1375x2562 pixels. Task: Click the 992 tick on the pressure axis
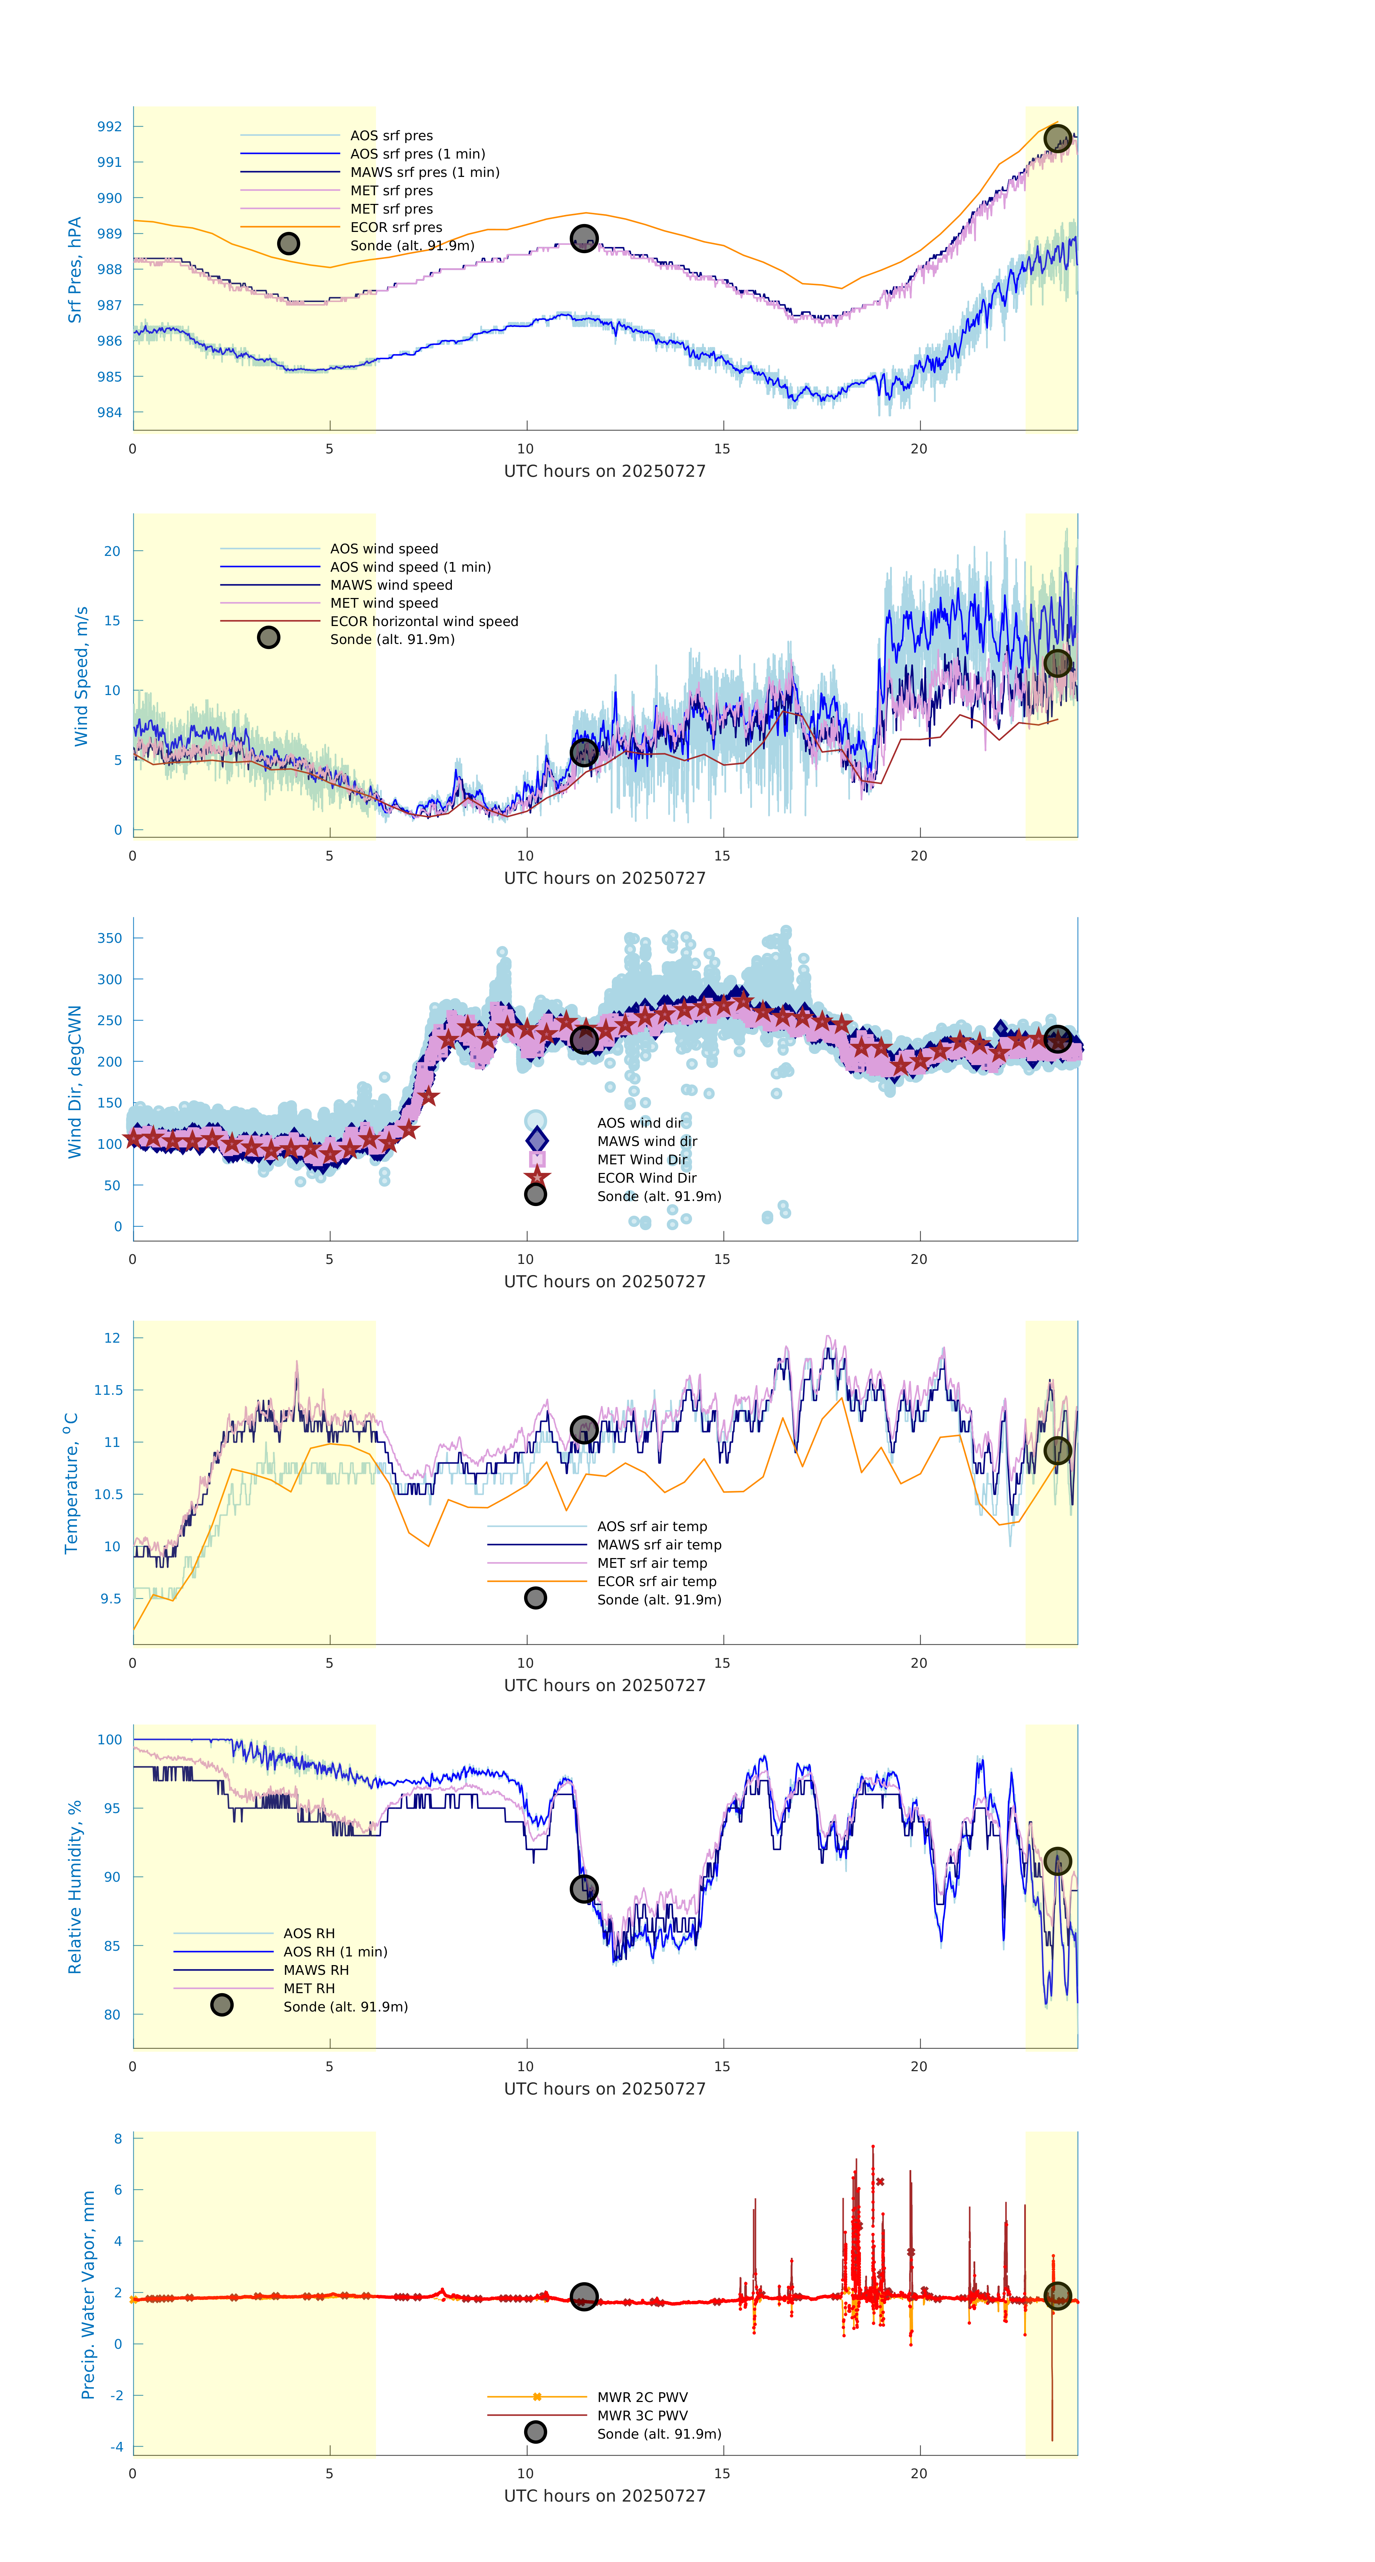[109, 126]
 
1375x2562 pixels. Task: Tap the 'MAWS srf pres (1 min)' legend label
[425, 172]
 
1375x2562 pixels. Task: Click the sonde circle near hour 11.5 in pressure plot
[583, 239]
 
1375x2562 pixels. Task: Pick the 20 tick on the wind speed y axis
[113, 551]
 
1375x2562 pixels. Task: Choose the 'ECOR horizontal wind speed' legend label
[423, 622]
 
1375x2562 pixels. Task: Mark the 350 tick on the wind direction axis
[109, 938]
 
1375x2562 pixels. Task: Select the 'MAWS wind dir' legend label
[646, 1141]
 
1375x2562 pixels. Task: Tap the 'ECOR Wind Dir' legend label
[646, 1178]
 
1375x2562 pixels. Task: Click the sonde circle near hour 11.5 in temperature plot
[583, 1430]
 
